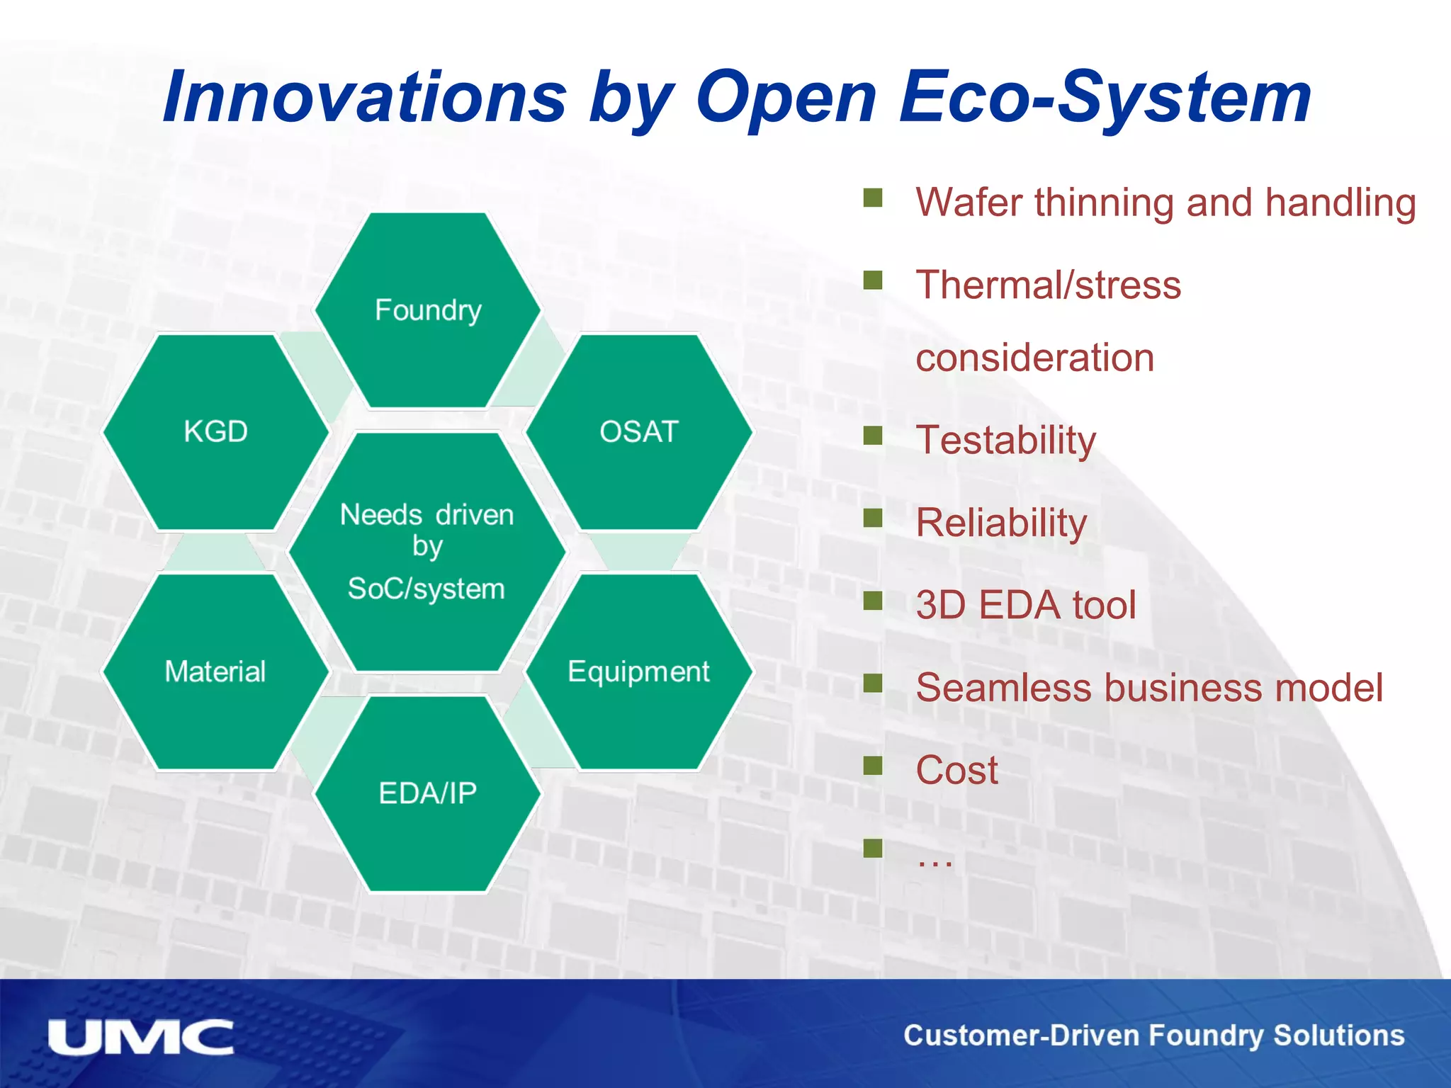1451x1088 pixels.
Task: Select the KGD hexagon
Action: [x=215, y=431]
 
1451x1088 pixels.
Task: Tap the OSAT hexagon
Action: [x=639, y=431]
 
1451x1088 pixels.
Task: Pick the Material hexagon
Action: [x=215, y=671]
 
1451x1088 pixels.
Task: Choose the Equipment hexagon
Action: [x=639, y=671]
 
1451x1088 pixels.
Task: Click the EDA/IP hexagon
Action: [x=428, y=793]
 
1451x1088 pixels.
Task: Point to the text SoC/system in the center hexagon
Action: [x=427, y=589]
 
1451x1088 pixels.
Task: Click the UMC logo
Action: [x=140, y=1038]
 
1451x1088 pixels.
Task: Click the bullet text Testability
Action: [x=1005, y=440]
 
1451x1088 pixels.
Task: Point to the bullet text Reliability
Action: [x=1000, y=523]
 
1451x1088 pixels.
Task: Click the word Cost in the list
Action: [x=956, y=770]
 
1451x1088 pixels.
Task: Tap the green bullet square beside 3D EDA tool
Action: [x=873, y=601]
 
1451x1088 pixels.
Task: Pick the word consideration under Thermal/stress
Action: [x=1034, y=358]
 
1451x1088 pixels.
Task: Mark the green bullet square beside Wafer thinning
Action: [x=873, y=198]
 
